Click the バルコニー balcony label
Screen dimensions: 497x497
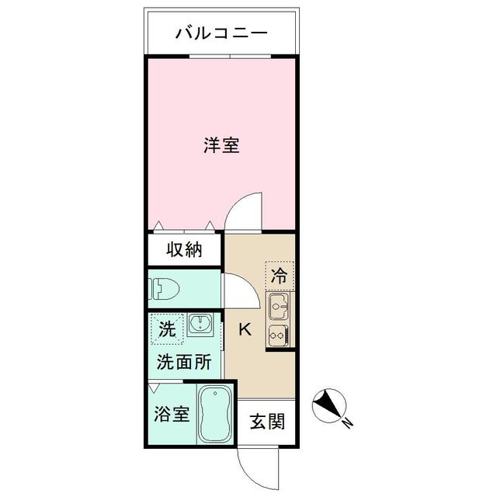click(221, 33)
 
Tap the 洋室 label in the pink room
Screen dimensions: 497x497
click(221, 145)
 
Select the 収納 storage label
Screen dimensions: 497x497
click(184, 250)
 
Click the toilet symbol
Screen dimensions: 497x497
click(165, 289)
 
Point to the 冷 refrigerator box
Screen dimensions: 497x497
click(279, 274)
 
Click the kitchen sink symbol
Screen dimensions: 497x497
click(279, 308)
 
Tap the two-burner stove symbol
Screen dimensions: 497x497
click(279, 336)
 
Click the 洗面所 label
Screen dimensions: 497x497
click(183, 361)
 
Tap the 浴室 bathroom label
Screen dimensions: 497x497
click(172, 414)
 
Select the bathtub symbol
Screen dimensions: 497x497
click(213, 415)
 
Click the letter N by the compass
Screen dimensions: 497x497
click(348, 424)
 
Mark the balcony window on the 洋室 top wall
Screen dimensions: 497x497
click(231, 57)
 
